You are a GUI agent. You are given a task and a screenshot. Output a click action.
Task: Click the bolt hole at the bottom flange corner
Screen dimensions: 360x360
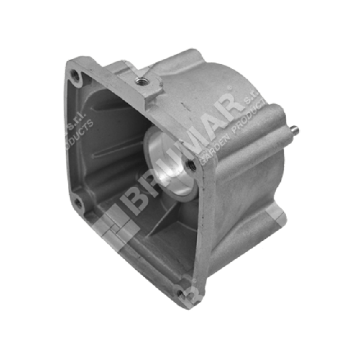pos(179,287)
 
